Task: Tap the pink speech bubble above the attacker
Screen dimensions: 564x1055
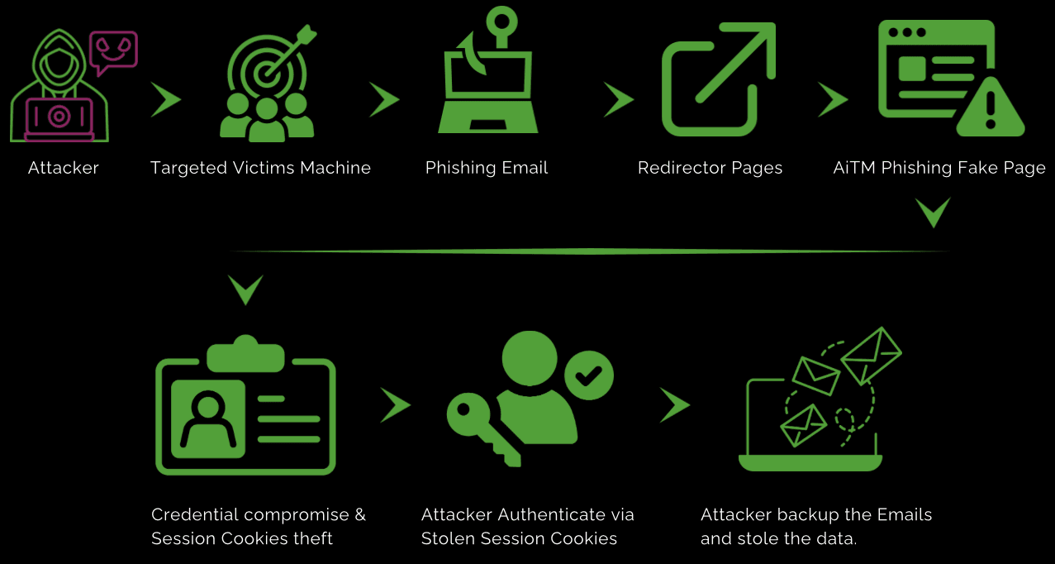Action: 113,50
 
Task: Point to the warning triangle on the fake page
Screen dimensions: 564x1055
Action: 991,109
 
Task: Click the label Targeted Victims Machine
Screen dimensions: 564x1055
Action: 260,168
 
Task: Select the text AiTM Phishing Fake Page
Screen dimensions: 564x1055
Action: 939,168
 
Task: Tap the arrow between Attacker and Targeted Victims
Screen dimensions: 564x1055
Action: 166,99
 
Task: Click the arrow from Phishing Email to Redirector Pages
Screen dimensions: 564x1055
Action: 618,99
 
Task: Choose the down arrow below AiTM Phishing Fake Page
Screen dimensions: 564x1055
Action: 934,213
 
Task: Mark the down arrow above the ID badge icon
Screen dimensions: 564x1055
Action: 245,289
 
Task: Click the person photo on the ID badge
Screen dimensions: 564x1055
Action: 208,418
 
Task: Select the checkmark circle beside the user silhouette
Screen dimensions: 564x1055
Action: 588,377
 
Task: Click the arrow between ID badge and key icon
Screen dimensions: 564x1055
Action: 396,405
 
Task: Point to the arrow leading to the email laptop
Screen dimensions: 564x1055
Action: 675,405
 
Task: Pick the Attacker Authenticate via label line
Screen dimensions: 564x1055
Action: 527,514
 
